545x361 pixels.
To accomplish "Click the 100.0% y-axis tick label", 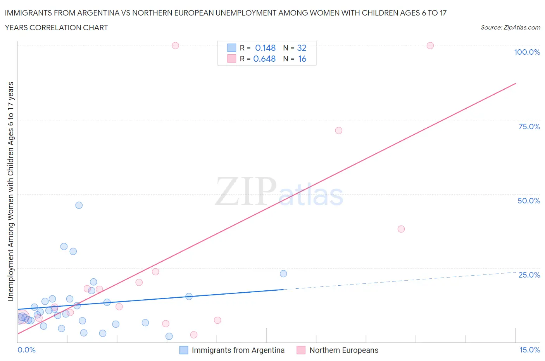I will pos(527,52).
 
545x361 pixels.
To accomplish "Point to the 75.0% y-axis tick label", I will pos(529,127).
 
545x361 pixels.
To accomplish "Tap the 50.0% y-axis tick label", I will pos(529,201).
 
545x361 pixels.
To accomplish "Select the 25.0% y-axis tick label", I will pos(529,275).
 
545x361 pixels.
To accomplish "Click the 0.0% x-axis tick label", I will pos(26,350).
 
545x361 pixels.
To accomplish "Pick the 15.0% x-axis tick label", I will pos(529,350).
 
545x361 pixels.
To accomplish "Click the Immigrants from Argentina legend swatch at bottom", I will pos(184,350).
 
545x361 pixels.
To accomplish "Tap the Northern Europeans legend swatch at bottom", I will pos(301,350).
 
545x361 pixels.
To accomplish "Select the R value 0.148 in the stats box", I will pos(265,48).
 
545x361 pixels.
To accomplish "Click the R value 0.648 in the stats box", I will pos(264,59).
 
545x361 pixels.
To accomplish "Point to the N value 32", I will pos(302,48).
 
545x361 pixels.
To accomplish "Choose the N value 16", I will pos(302,59).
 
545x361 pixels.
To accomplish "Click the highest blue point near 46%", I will pos(79,205).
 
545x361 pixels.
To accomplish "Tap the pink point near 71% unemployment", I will pos(338,130).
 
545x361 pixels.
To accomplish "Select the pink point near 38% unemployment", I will pos(401,229).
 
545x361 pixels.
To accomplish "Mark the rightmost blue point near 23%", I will pos(283,274).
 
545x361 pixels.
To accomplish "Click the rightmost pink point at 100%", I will pos(430,45).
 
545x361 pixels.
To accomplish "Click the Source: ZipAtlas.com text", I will pos(510,27).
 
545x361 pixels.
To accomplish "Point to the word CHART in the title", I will pos(95,28).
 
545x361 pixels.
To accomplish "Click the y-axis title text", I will pos(10,191).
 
